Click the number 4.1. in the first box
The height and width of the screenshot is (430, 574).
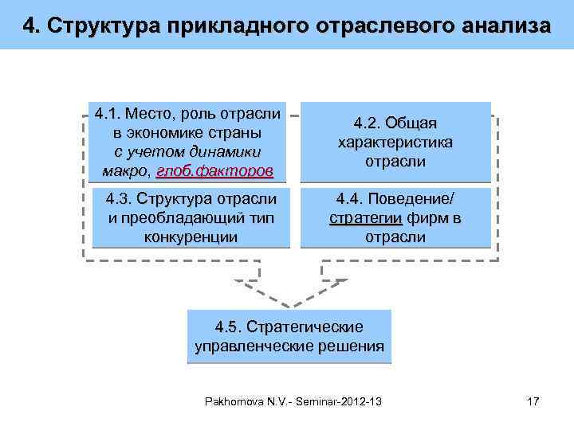tap(108, 111)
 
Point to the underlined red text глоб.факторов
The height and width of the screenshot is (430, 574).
tap(214, 171)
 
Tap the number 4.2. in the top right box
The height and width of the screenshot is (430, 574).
tap(368, 123)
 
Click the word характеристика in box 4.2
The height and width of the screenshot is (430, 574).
tap(395, 143)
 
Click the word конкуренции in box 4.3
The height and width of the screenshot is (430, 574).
tap(191, 236)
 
